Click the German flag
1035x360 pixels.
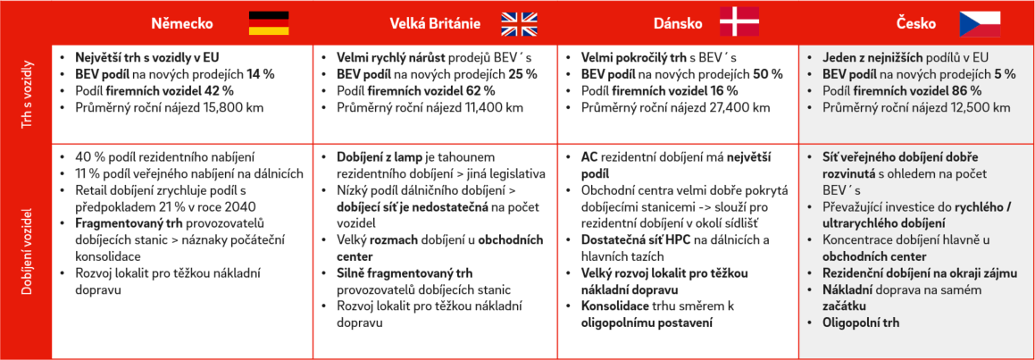tap(268, 22)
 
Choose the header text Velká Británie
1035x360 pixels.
tap(434, 23)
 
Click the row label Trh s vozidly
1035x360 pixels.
tap(27, 91)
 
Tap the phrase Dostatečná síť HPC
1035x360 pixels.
tap(635, 239)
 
